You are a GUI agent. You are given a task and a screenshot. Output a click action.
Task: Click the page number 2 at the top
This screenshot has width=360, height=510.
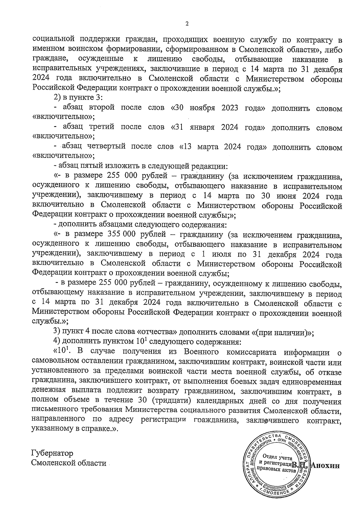[187, 24]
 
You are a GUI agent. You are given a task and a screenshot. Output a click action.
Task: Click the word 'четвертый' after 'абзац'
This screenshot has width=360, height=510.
[105, 147]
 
